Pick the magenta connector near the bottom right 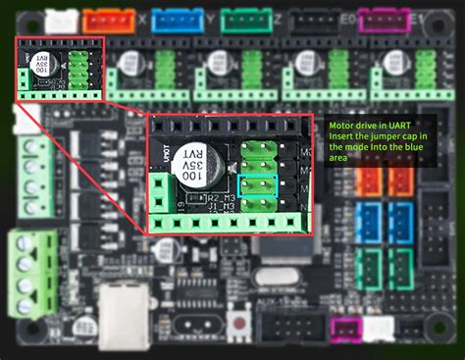pyautogui.click(x=344, y=331)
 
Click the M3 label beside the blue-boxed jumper pyautogui.click(x=286, y=184)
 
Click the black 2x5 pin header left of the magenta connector pyautogui.click(x=288, y=331)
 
